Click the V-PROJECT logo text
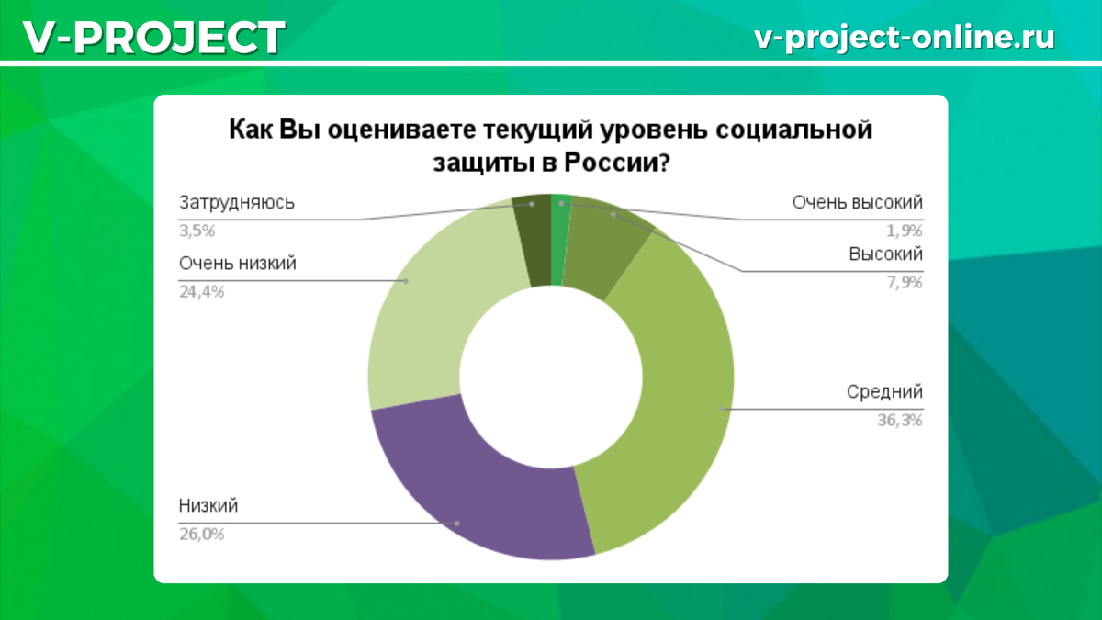(154, 38)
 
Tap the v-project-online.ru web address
(905, 38)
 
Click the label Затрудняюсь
(237, 203)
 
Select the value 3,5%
(197, 231)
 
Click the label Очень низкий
(238, 264)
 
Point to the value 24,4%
(201, 292)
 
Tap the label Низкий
(208, 505)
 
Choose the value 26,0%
(201, 534)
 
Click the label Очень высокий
(858, 203)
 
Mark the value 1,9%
(905, 231)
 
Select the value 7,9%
(905, 282)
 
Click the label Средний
(884, 391)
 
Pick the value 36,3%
(900, 420)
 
